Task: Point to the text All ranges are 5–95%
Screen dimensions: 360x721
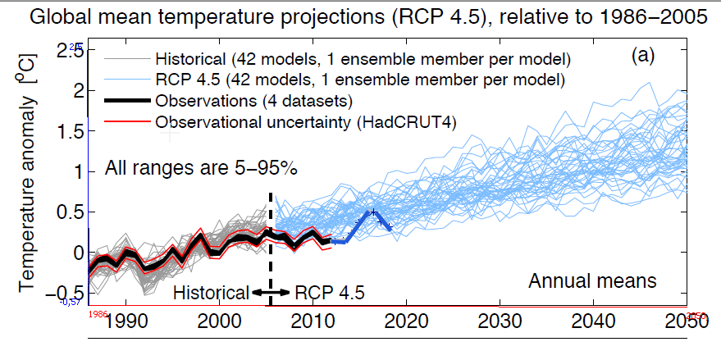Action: [x=201, y=169]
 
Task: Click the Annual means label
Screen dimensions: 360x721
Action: [x=592, y=281]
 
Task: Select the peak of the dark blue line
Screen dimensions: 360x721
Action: [x=374, y=212]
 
